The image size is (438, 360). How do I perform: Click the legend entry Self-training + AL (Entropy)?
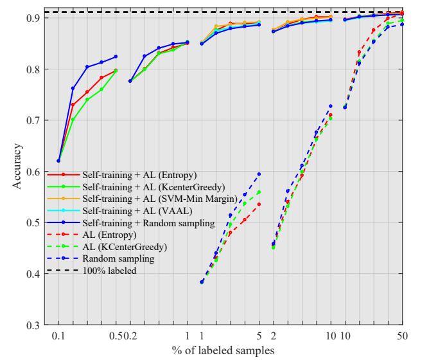139,174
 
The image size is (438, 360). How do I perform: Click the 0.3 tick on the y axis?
31,325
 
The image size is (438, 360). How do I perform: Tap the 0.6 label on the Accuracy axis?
31,172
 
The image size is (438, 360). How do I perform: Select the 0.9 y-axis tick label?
31,18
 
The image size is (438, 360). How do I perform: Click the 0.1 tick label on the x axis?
58,336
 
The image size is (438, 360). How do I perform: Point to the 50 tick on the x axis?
402,336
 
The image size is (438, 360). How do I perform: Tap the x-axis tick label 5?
259,336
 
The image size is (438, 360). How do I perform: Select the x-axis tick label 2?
274,336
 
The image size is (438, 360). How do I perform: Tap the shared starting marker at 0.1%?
58,161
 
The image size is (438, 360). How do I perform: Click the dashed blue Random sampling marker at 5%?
259,174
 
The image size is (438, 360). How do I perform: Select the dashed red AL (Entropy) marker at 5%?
259,204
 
